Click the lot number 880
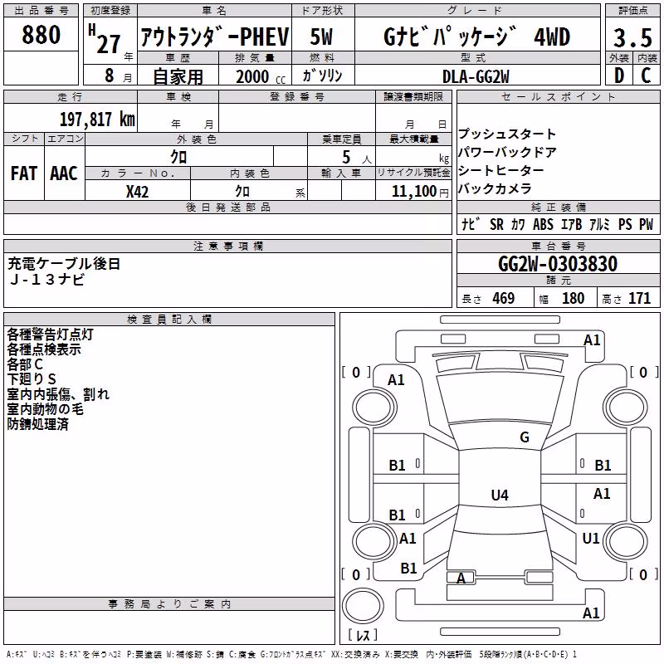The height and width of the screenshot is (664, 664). coord(41,34)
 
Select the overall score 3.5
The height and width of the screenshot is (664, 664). coord(632,37)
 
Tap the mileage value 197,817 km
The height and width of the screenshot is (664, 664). coord(97,120)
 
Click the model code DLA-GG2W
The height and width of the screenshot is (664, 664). coord(476,76)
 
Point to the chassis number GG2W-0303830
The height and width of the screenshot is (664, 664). coord(558,264)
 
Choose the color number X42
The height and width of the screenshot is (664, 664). coord(137,192)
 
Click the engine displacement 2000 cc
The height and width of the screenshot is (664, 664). coord(261,76)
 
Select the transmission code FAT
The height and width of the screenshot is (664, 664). coord(24,173)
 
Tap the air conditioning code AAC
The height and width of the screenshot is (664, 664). coord(64,173)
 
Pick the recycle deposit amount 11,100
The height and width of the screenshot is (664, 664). coord(414,192)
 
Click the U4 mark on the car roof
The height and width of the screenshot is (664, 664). coord(500,495)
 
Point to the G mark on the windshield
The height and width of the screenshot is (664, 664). coord(525,437)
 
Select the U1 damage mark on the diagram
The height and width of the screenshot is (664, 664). coord(591,539)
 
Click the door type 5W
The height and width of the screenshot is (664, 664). coord(321,37)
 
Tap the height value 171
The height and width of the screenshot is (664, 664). coord(639,299)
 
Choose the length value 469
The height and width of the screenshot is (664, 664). coord(504,299)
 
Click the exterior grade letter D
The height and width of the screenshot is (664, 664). coord(619,76)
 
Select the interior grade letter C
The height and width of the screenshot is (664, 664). coord(646,76)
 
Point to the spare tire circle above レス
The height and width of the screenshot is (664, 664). coord(363,606)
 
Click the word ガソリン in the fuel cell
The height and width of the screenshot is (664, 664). coord(322,76)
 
